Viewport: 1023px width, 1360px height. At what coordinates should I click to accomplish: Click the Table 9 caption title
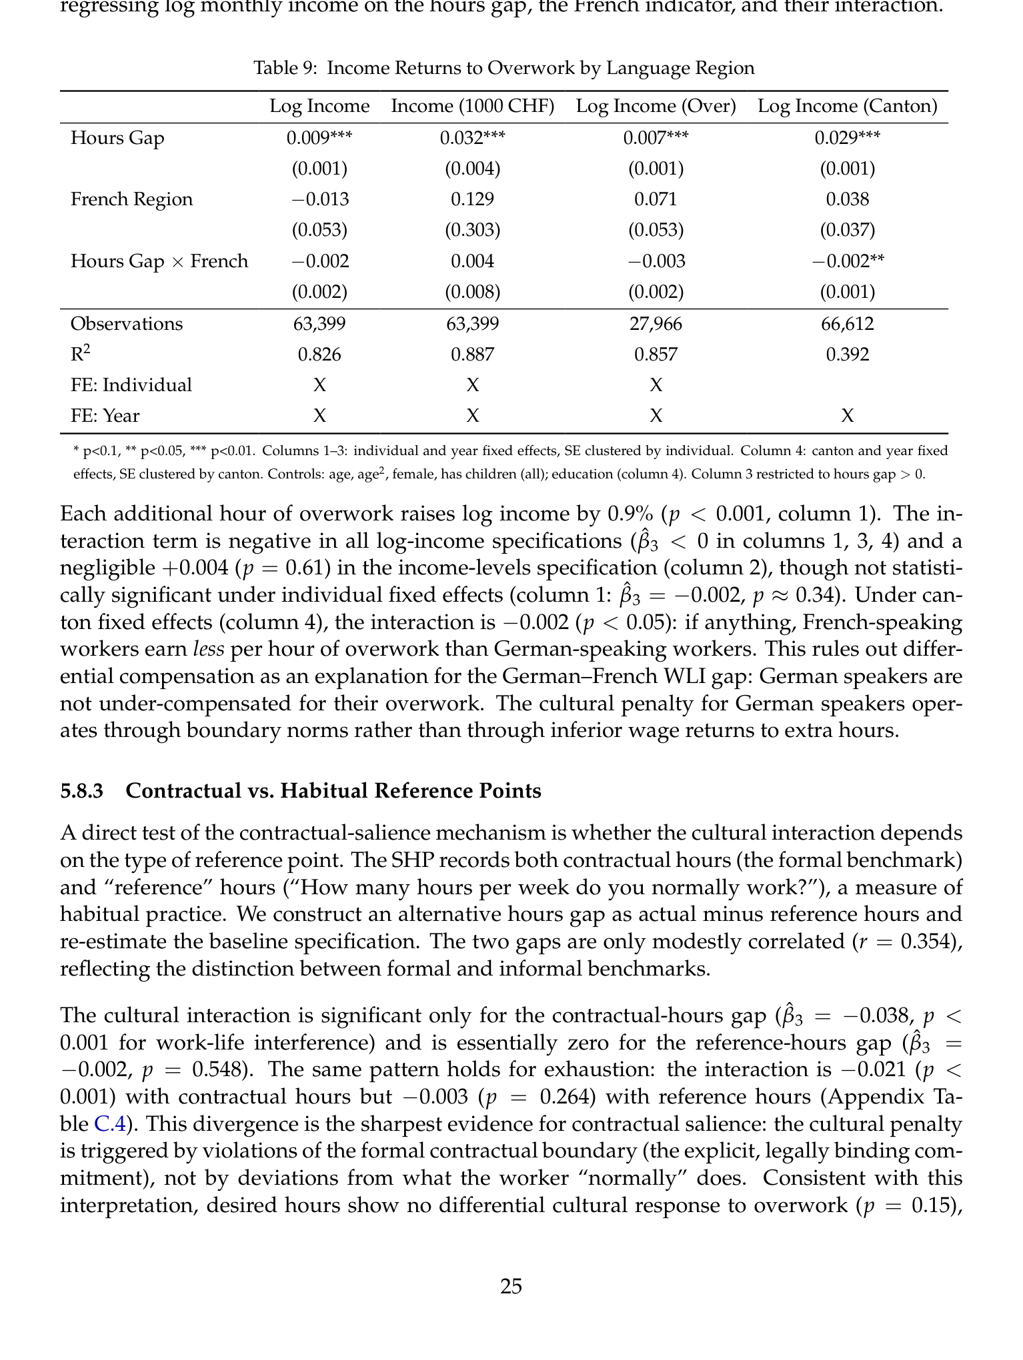point(504,68)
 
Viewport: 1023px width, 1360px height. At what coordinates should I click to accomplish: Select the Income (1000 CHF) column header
point(472,107)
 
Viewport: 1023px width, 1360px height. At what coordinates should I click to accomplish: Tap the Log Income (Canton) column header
point(847,107)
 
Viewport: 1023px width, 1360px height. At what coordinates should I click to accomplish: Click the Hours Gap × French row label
point(159,261)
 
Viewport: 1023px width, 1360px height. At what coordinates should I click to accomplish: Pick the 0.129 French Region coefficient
point(472,199)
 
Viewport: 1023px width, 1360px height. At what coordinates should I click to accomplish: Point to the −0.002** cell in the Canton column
point(847,261)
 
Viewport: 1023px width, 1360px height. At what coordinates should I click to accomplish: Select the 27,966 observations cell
point(656,324)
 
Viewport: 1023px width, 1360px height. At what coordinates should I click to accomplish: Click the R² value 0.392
point(847,354)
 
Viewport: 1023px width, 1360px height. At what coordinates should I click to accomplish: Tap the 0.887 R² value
point(472,354)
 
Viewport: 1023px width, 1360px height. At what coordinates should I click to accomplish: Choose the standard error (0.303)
point(472,230)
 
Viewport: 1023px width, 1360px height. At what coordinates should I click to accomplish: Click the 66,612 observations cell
point(847,324)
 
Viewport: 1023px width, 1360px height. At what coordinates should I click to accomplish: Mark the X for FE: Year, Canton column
point(847,416)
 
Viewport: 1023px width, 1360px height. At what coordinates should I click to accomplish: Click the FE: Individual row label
point(131,385)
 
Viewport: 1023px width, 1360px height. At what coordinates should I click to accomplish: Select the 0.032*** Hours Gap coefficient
point(472,138)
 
